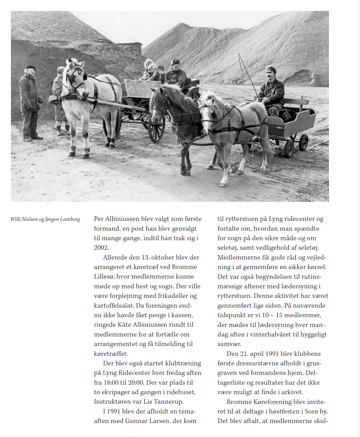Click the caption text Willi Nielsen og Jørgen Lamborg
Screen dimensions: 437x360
coord(45,219)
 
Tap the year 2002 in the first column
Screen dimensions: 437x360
coord(101,248)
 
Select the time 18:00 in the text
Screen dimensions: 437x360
coord(112,382)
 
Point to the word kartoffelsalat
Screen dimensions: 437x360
coord(114,305)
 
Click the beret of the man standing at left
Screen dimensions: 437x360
coord(30,67)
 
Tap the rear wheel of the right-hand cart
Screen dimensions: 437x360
coord(303,142)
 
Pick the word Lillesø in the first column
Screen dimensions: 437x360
coord(104,277)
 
